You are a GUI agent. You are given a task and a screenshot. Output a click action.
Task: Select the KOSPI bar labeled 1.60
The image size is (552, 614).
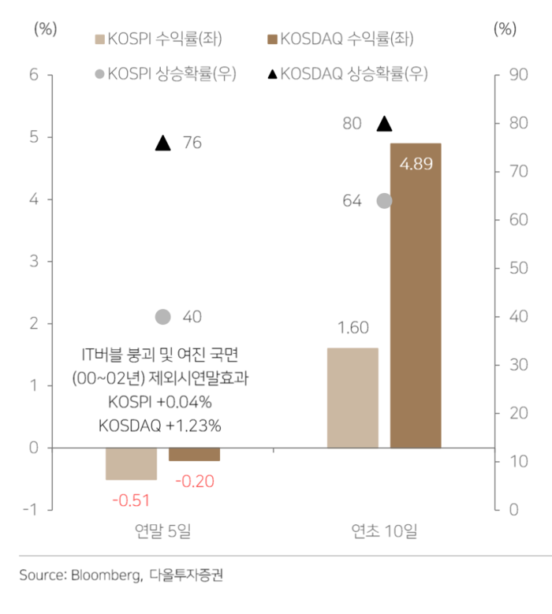tap(352, 397)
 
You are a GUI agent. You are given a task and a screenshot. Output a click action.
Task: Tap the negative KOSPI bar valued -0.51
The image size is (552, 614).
tap(131, 463)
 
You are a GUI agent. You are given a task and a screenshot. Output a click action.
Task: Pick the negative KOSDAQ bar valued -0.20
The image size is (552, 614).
tap(194, 454)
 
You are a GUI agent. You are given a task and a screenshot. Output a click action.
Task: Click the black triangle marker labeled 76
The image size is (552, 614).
tap(162, 143)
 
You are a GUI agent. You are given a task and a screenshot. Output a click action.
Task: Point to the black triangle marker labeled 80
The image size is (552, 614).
tap(384, 123)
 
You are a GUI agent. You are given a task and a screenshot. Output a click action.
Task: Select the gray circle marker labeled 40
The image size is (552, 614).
tap(162, 317)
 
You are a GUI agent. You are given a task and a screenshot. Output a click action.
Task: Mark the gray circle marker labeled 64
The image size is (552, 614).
tap(384, 200)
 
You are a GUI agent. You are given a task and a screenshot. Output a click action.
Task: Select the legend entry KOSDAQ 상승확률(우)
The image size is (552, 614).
tap(347, 74)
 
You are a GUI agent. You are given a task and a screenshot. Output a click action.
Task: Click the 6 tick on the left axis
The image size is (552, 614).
tap(34, 75)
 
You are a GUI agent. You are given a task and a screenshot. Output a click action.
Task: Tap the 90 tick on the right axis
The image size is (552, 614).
tap(517, 75)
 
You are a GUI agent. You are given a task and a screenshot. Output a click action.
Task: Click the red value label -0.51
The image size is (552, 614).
tap(131, 500)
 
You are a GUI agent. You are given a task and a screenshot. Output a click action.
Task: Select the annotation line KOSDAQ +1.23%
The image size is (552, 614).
tap(160, 425)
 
